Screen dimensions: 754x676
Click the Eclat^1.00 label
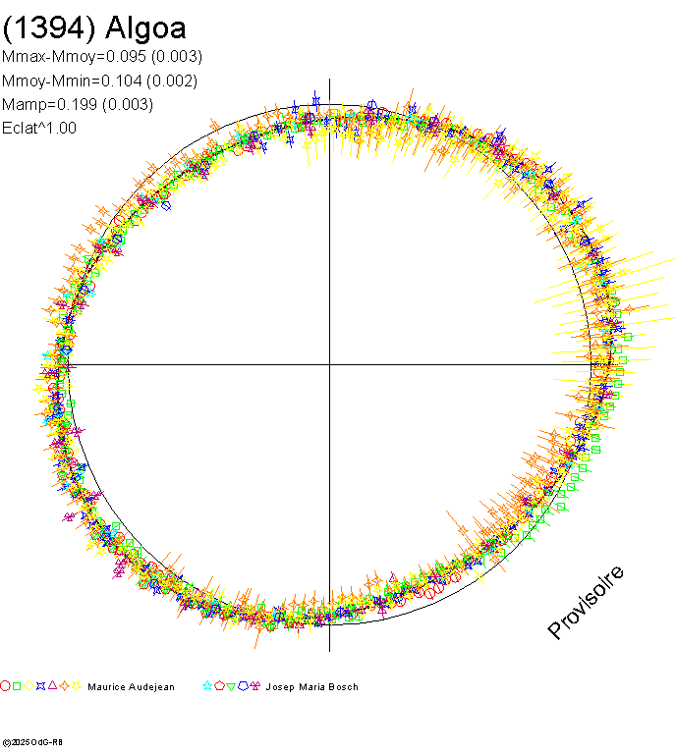pos(39,128)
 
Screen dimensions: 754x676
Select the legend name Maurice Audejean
pos(131,687)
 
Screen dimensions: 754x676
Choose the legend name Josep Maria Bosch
pos(311,687)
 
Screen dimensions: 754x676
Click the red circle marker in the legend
pos(6,686)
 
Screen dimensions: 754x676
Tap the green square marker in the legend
pos(18,686)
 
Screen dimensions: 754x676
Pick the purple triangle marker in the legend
pos(53,686)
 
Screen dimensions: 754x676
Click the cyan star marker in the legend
pos(207,686)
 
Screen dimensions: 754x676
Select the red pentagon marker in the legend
pos(219,686)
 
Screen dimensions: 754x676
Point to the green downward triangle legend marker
pos(231,686)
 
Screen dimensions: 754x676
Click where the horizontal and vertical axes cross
pos(329,364)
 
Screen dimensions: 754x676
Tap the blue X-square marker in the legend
pos(41,686)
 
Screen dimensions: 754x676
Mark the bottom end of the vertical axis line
pos(329,650)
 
